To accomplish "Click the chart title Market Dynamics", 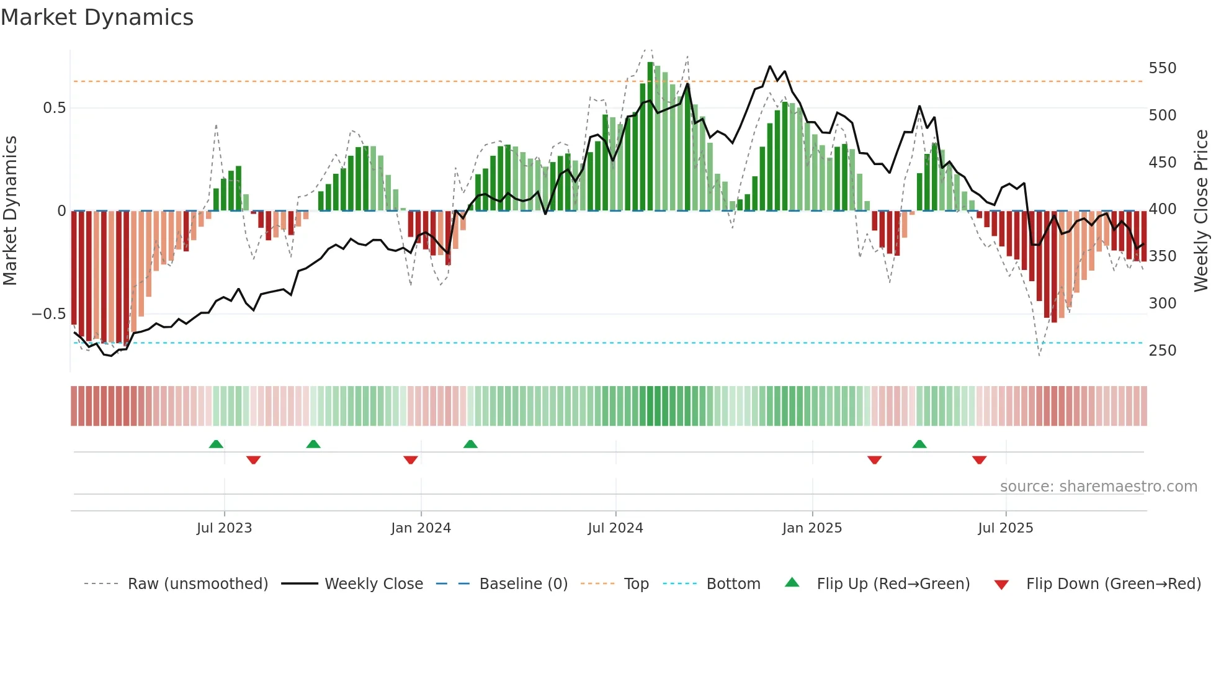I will [97, 17].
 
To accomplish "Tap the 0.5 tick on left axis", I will [54, 108].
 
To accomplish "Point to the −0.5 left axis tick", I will [48, 314].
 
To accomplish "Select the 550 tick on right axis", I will [1162, 68].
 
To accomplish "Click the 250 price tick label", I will [1162, 351].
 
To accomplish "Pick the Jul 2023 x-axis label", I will [224, 528].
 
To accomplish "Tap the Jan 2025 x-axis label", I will [811, 528].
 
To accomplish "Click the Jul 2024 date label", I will [615, 528].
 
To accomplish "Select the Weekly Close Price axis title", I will [1201, 211].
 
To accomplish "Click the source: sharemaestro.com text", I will [1098, 487].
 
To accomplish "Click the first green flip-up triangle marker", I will [216, 444].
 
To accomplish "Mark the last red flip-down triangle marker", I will [979, 460].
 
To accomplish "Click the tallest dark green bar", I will [650, 137].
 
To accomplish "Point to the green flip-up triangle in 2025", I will [919, 444].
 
